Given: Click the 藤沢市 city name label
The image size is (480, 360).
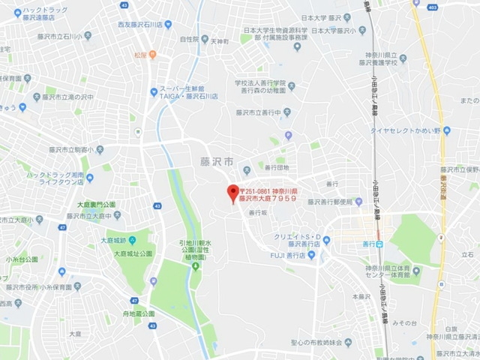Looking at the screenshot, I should (217, 161).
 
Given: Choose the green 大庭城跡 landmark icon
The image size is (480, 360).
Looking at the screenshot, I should (133, 241).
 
